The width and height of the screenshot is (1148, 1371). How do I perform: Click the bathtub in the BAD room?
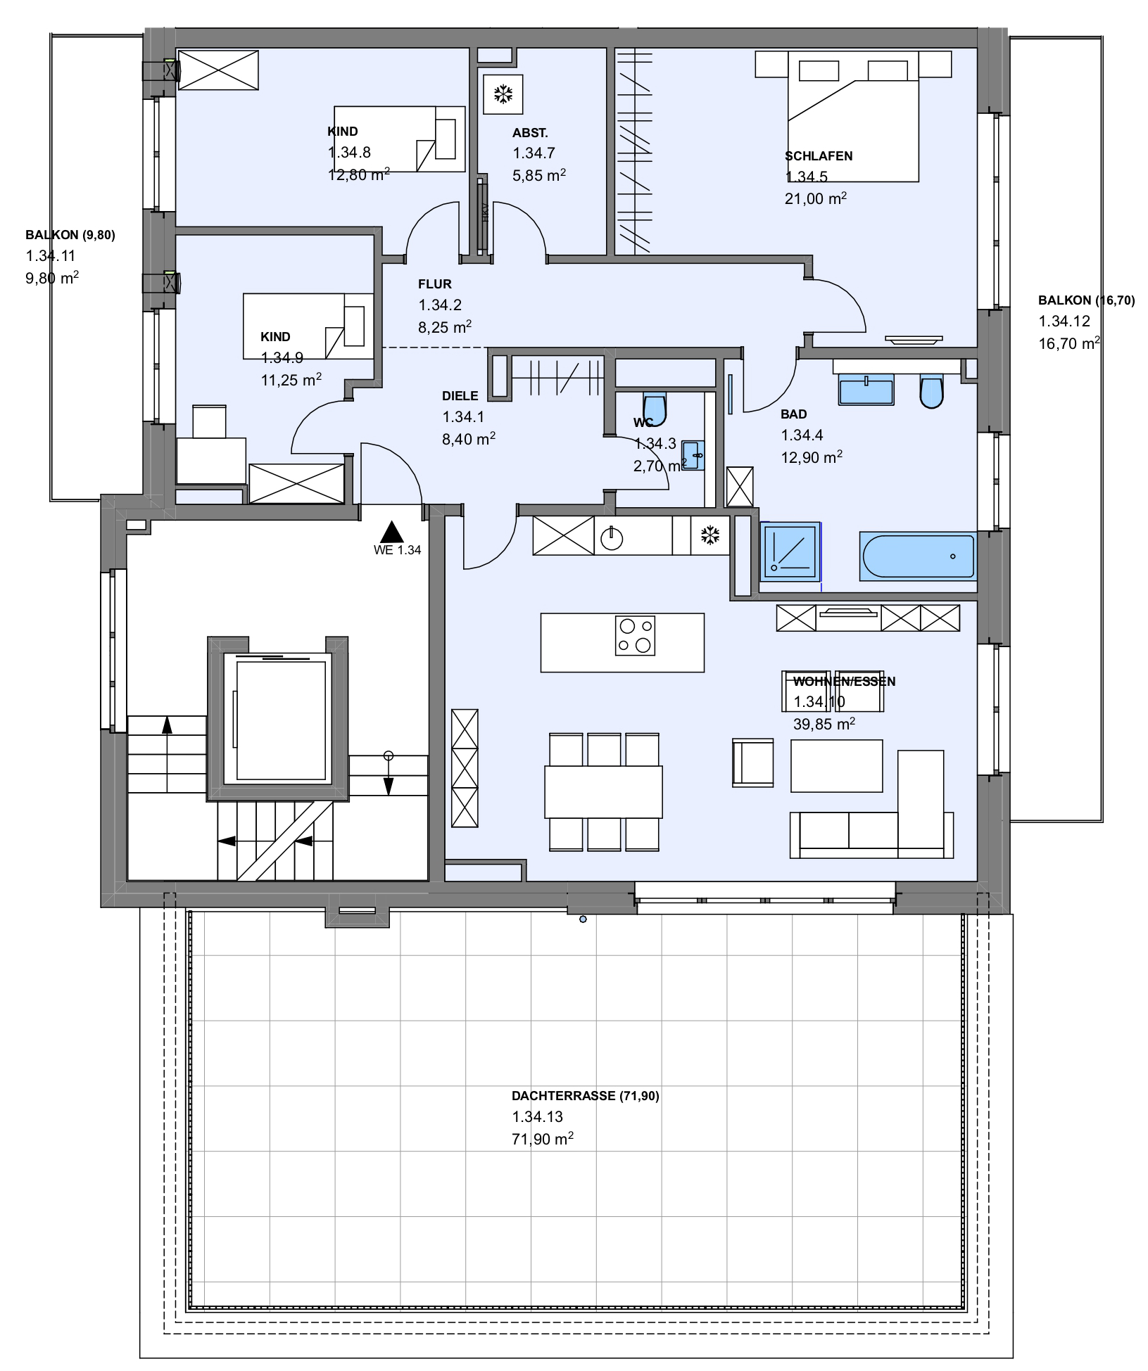click(918, 556)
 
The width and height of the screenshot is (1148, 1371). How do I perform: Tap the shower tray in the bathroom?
click(790, 551)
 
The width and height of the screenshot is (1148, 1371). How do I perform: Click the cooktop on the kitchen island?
click(635, 636)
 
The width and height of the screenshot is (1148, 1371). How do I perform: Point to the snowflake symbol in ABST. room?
click(503, 94)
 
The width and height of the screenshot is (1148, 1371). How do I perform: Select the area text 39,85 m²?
click(824, 723)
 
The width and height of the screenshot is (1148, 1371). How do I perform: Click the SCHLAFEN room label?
click(819, 156)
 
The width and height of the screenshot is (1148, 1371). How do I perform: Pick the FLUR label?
click(435, 284)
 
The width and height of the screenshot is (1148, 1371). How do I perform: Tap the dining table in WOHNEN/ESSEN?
click(603, 791)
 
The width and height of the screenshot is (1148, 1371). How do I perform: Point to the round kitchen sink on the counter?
click(612, 539)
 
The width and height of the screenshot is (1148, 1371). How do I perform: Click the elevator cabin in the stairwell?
click(277, 718)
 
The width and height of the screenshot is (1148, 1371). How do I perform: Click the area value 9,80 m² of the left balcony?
click(52, 278)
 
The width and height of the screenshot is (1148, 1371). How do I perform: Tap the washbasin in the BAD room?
click(866, 390)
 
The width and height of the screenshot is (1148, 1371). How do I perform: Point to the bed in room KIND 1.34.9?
click(308, 326)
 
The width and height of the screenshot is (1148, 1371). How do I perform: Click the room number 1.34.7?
click(534, 153)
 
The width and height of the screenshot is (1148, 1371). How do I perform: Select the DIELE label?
click(460, 396)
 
